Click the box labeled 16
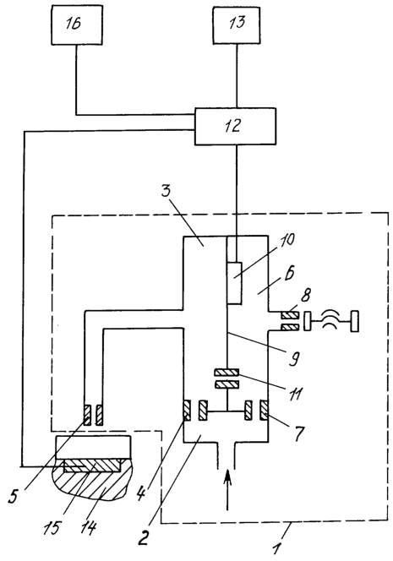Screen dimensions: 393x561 pyautogui.click(x=77, y=25)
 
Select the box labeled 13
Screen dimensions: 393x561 pyautogui.click(x=237, y=25)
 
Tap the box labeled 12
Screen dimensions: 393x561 pyautogui.click(x=235, y=126)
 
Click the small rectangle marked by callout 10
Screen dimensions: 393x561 pyautogui.click(x=234, y=283)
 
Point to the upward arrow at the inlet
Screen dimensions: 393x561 pyautogui.click(x=227, y=489)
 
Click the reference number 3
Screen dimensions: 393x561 pyautogui.click(x=166, y=191)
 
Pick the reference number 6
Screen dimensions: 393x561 pyautogui.click(x=289, y=274)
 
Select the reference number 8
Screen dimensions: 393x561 pyautogui.click(x=305, y=296)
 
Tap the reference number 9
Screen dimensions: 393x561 pyautogui.click(x=293, y=358)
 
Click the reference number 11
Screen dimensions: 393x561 pyautogui.click(x=297, y=393)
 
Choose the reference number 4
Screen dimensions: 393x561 pyautogui.click(x=140, y=494)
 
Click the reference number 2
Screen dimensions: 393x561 pyautogui.click(x=143, y=536)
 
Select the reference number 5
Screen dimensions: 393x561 pyautogui.click(x=14, y=497)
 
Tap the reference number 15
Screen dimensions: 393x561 pyautogui.click(x=52, y=528)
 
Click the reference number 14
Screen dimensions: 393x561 pyautogui.click(x=88, y=528)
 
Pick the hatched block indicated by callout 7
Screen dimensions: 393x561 pyautogui.click(x=265, y=411)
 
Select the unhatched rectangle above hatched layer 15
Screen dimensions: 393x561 pyautogui.click(x=93, y=448)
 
